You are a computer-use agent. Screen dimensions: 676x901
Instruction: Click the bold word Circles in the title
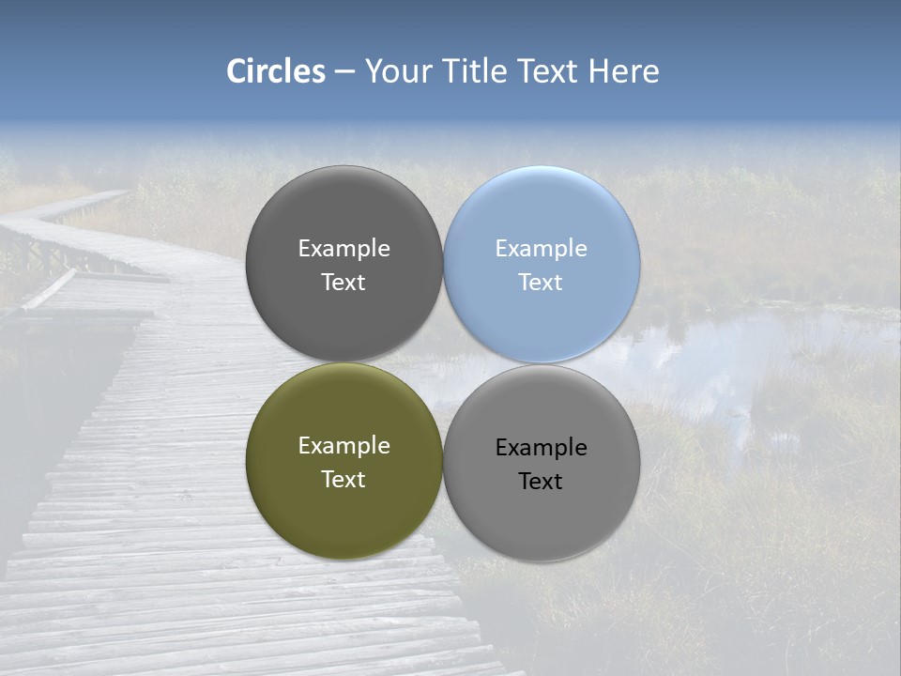tap(275, 71)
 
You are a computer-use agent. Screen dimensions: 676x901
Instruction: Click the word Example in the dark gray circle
tap(344, 249)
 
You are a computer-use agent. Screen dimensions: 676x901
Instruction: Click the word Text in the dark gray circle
tap(344, 283)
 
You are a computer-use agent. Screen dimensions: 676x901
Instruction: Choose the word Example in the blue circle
tap(542, 249)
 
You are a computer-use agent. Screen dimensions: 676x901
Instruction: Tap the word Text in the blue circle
tap(542, 283)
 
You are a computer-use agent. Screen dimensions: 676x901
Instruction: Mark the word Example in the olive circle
tap(344, 446)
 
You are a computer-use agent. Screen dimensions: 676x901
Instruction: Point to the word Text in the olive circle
tap(344, 480)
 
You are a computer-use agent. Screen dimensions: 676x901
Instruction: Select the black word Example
tap(542, 448)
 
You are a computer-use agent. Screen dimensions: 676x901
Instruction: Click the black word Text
tap(542, 482)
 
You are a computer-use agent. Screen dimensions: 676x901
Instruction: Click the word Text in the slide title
tap(549, 71)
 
